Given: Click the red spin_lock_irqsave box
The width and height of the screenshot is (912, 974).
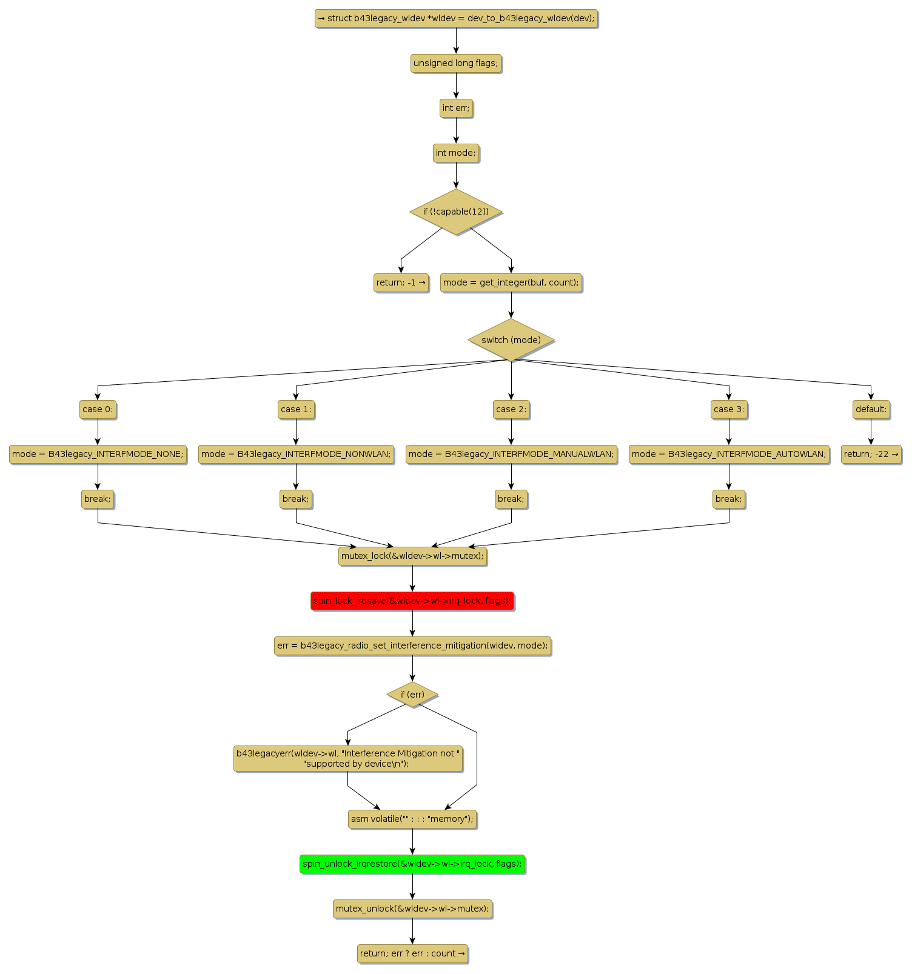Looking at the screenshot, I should pos(412,601).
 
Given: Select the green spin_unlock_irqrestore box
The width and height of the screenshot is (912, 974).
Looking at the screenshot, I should pos(412,864).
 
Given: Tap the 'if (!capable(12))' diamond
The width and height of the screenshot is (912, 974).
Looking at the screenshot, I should pos(456,212).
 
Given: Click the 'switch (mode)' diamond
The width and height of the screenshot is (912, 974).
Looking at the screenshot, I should pos(511,340).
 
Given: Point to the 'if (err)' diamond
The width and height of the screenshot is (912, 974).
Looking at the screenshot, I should pos(412,694).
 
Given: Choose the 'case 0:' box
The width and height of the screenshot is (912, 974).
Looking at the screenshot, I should pos(98,409).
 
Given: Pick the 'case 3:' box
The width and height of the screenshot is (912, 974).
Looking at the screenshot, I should pos(729,409).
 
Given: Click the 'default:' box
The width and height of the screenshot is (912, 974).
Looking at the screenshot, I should pos(871,409).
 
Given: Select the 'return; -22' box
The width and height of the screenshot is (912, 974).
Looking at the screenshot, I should pos(871,454).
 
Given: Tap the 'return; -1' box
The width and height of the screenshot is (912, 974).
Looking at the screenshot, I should pos(401,282).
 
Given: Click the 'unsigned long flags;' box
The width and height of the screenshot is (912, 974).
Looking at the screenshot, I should pos(456,63).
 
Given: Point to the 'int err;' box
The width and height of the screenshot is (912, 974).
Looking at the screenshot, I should pos(456,108).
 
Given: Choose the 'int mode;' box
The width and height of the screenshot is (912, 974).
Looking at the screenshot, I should pos(456,153).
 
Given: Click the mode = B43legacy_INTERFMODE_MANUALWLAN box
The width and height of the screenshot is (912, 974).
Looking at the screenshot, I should pos(511,454).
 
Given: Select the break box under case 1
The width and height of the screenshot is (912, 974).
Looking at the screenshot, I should pos(296,499).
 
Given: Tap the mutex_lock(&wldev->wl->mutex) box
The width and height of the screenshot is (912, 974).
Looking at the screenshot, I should pos(412,556).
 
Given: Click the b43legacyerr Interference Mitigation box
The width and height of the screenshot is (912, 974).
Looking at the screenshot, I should pos(348,758).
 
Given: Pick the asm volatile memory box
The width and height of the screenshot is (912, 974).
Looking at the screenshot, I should pos(412,819).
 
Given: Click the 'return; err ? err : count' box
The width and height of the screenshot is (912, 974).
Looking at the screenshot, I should pos(412,953).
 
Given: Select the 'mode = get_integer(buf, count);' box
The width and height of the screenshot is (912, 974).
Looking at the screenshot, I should pos(511,282).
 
